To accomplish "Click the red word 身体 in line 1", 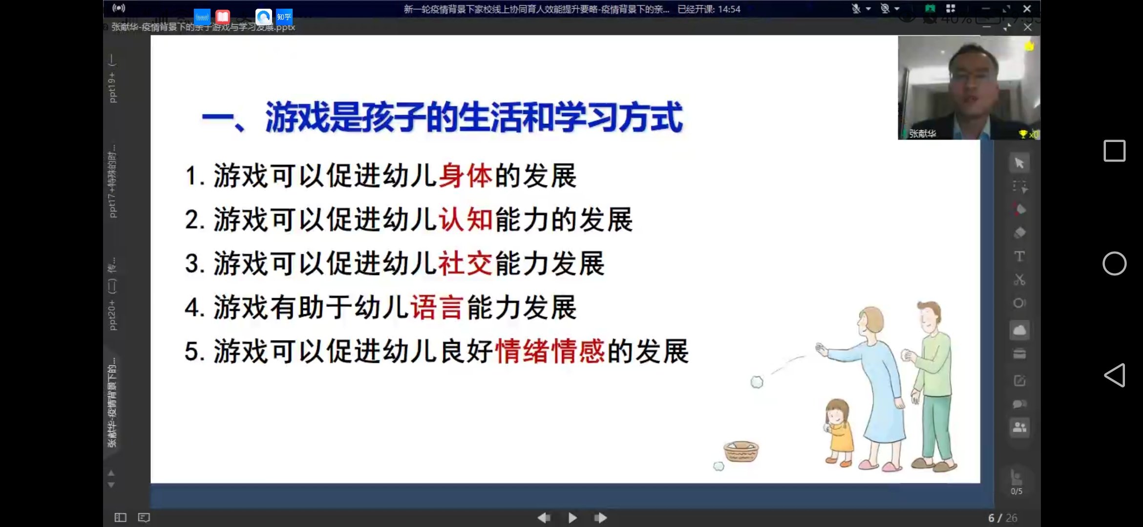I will point(466,176).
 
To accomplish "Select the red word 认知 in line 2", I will point(466,220).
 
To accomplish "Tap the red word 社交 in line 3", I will point(466,263).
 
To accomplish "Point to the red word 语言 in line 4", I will point(437,307).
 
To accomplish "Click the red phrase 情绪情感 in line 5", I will point(550,351).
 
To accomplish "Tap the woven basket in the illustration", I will point(741,451).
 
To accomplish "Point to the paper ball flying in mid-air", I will point(757,382).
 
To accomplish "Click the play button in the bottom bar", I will point(572,517).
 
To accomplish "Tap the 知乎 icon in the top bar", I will point(284,17).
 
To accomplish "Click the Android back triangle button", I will point(1114,375).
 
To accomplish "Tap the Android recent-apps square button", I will point(1114,151).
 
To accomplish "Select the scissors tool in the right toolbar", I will point(1019,280).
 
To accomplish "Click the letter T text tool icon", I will point(1019,256).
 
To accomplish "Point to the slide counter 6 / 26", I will point(1002,518).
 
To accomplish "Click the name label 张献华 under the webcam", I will point(922,133).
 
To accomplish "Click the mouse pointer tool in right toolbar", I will point(1019,163).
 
